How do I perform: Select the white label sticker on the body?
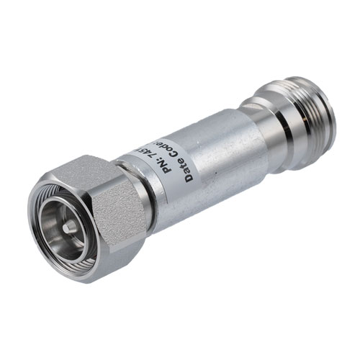pos(169,162)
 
